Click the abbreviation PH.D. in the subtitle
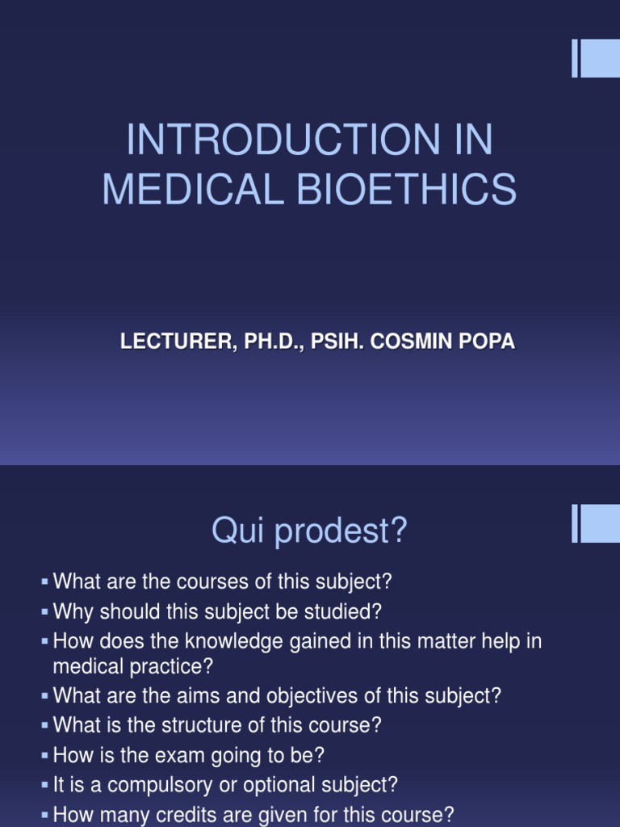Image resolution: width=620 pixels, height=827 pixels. tap(266, 342)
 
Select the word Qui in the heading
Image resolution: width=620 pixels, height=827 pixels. tap(236, 531)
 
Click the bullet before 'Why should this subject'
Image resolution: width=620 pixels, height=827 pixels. tap(45, 612)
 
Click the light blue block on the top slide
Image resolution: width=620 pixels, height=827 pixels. tap(599, 58)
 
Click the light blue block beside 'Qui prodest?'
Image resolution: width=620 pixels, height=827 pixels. tap(599, 523)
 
